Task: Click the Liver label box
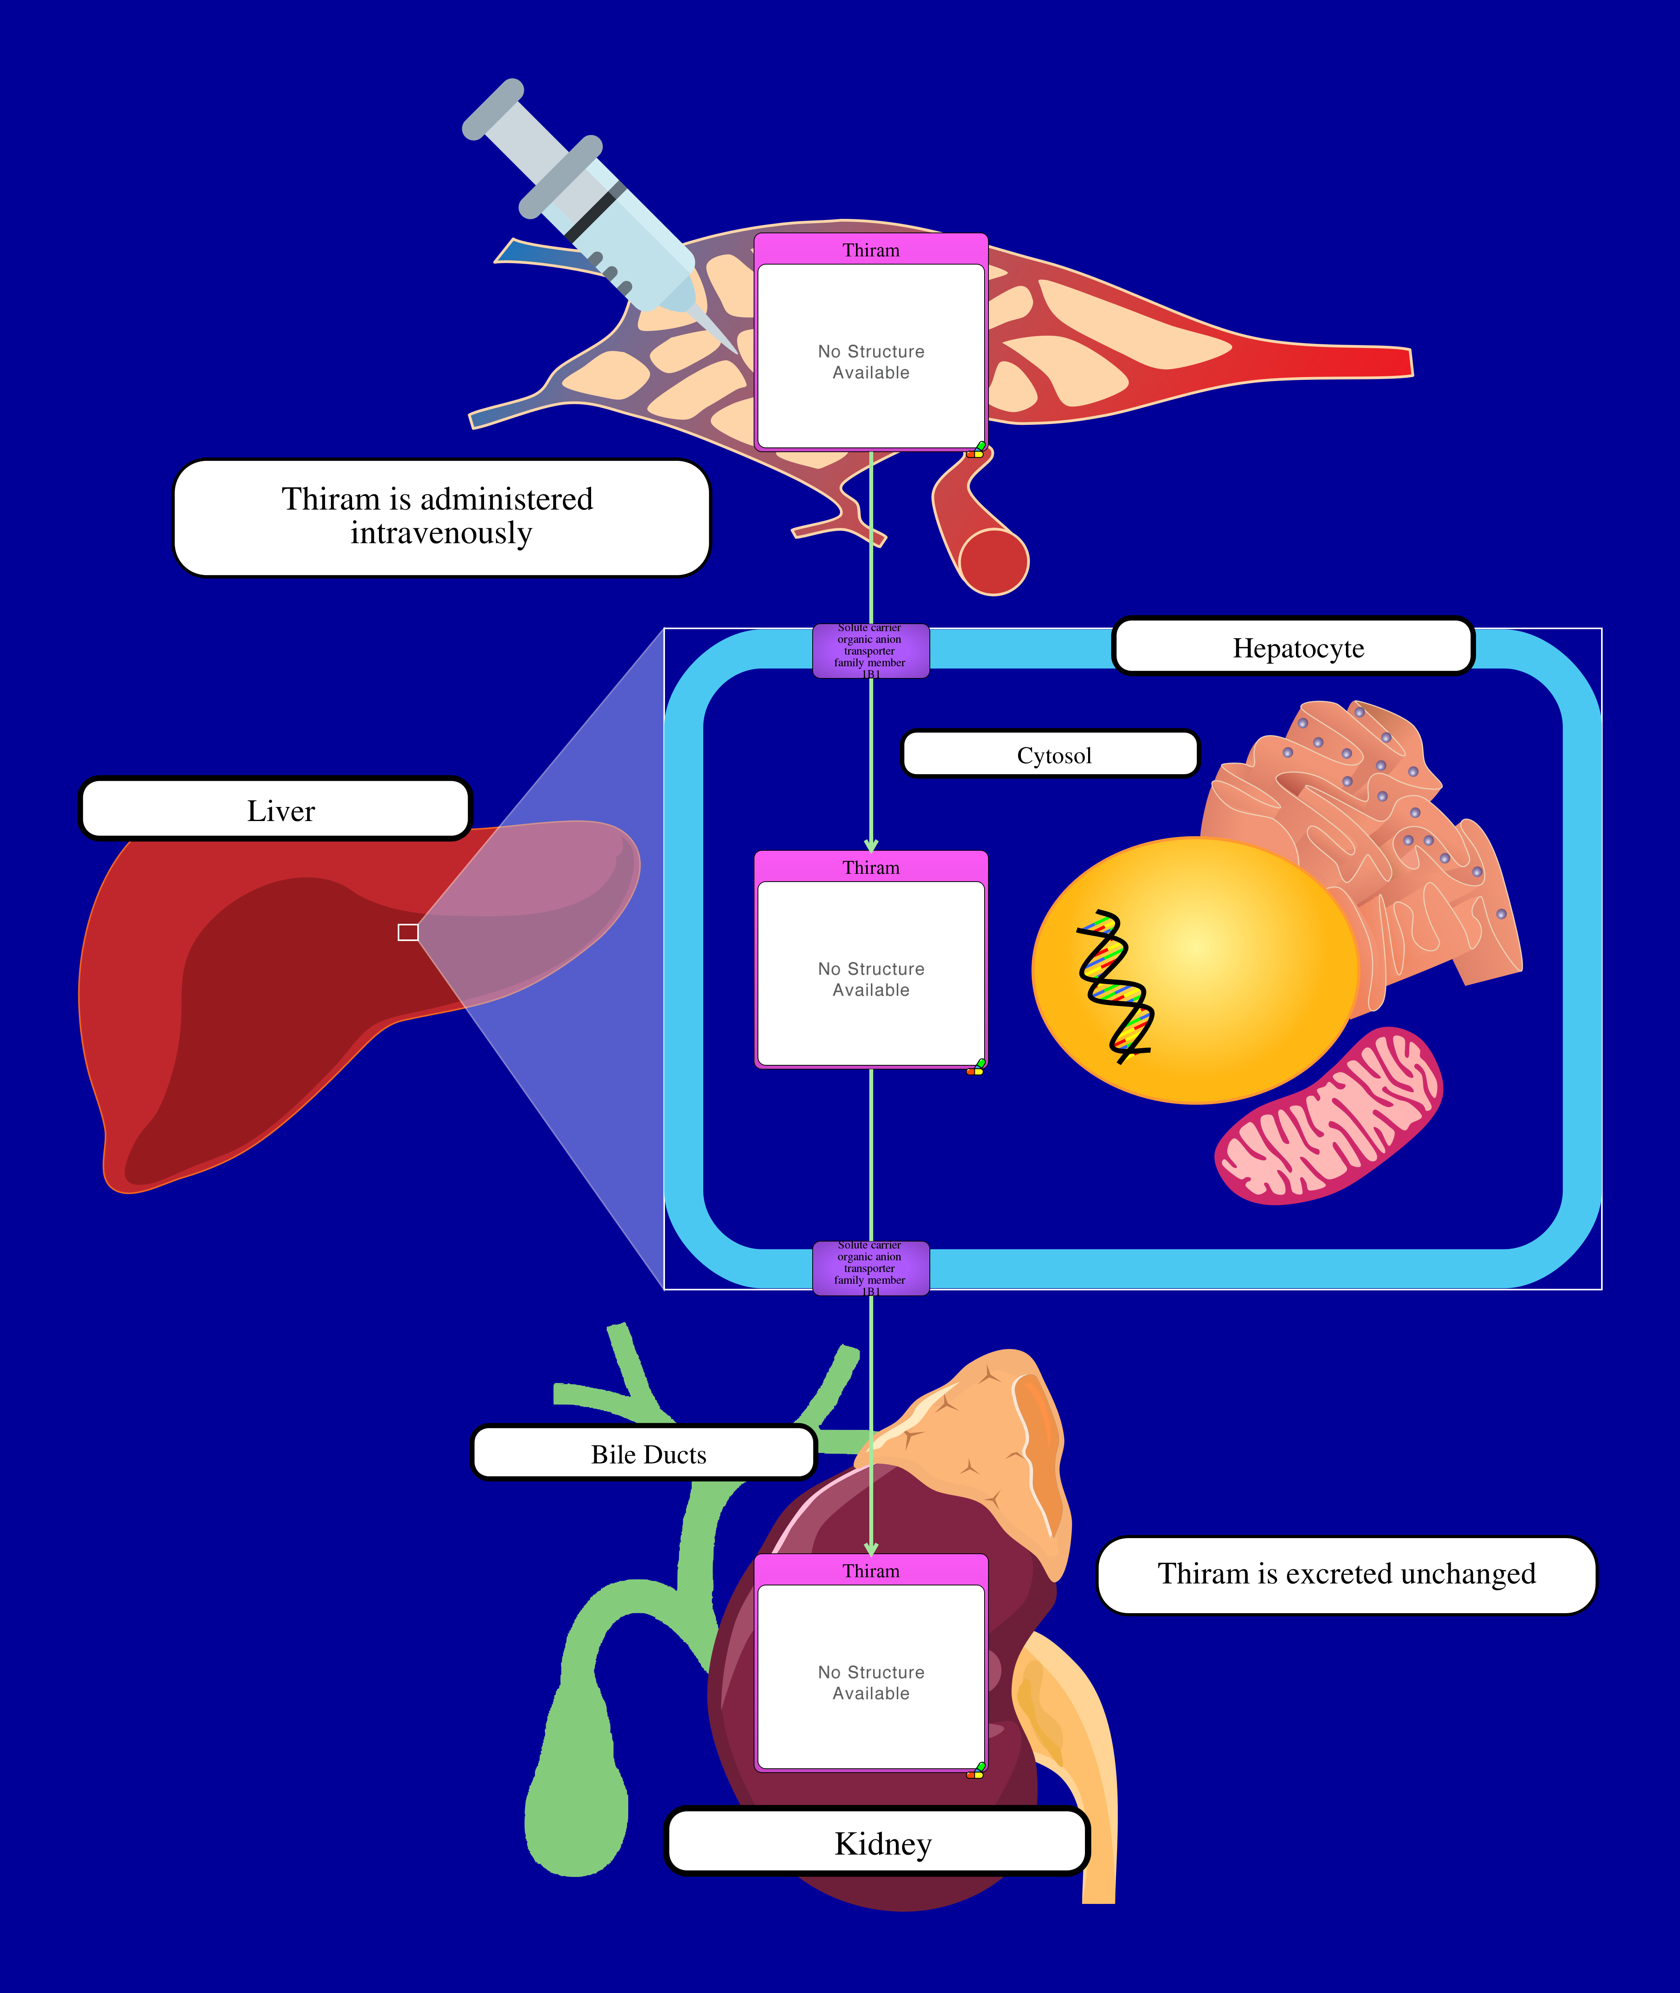tap(276, 810)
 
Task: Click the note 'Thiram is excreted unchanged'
tap(1346, 1574)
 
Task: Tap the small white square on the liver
tap(407, 932)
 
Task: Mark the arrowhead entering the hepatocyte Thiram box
tap(870, 845)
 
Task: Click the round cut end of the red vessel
tap(993, 562)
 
